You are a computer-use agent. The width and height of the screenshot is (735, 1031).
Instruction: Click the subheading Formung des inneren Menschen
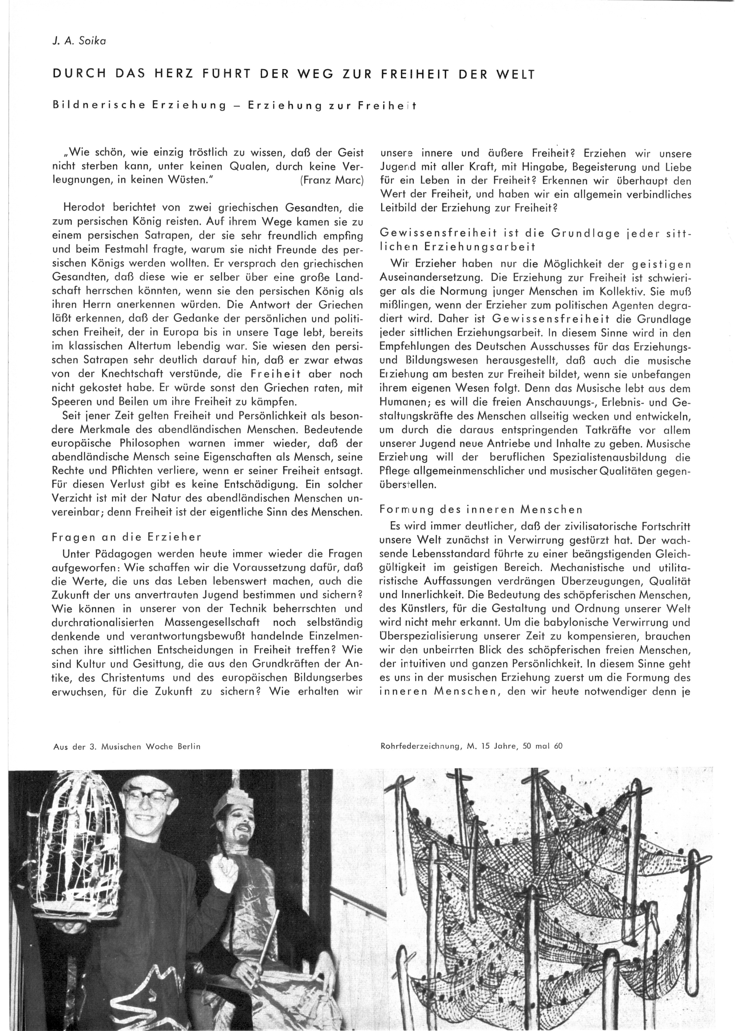pyautogui.click(x=481, y=510)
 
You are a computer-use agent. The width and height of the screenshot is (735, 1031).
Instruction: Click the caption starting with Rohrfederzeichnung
pyautogui.click(x=472, y=746)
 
